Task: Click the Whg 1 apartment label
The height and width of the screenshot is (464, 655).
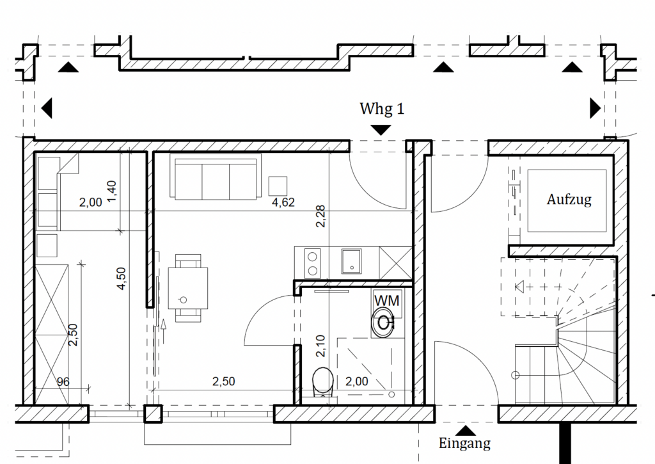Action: pos(382,109)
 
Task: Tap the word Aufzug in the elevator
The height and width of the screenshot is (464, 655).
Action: pos(569,200)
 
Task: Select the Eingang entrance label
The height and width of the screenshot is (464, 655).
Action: pos(464,443)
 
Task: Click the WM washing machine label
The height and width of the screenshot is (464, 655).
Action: pos(387,301)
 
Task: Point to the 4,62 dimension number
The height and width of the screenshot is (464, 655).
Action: pos(283,202)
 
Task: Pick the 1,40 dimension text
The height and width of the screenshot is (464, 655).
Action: pos(111,191)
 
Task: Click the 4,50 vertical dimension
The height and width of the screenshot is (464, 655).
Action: pos(121,279)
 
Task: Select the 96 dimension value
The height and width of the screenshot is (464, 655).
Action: pos(63,381)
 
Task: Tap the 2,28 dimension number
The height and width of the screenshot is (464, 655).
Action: pos(320,216)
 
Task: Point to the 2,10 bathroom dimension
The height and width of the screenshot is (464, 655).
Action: pos(320,346)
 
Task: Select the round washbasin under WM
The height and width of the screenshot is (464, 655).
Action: pos(383,323)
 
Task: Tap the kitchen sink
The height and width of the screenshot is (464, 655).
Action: pos(351,261)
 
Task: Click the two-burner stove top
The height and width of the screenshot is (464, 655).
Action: pos(312,263)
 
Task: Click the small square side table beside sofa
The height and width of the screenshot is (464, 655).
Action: pos(278,186)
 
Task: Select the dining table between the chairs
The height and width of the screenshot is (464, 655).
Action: pos(188,289)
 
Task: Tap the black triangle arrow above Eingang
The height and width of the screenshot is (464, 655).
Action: pos(466,431)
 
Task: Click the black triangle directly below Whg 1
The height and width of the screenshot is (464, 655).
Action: pos(381,131)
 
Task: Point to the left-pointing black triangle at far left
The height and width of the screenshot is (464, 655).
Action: pos(47,108)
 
